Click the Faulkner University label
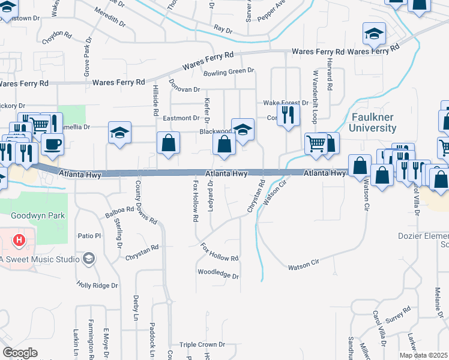(373, 122)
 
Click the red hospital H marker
(20, 241)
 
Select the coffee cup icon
(52, 145)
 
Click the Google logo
(20, 353)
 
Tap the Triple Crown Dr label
(202, 345)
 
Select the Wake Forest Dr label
(285, 103)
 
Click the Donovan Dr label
(184, 89)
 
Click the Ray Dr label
(223, 29)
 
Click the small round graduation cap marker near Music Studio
(89, 259)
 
